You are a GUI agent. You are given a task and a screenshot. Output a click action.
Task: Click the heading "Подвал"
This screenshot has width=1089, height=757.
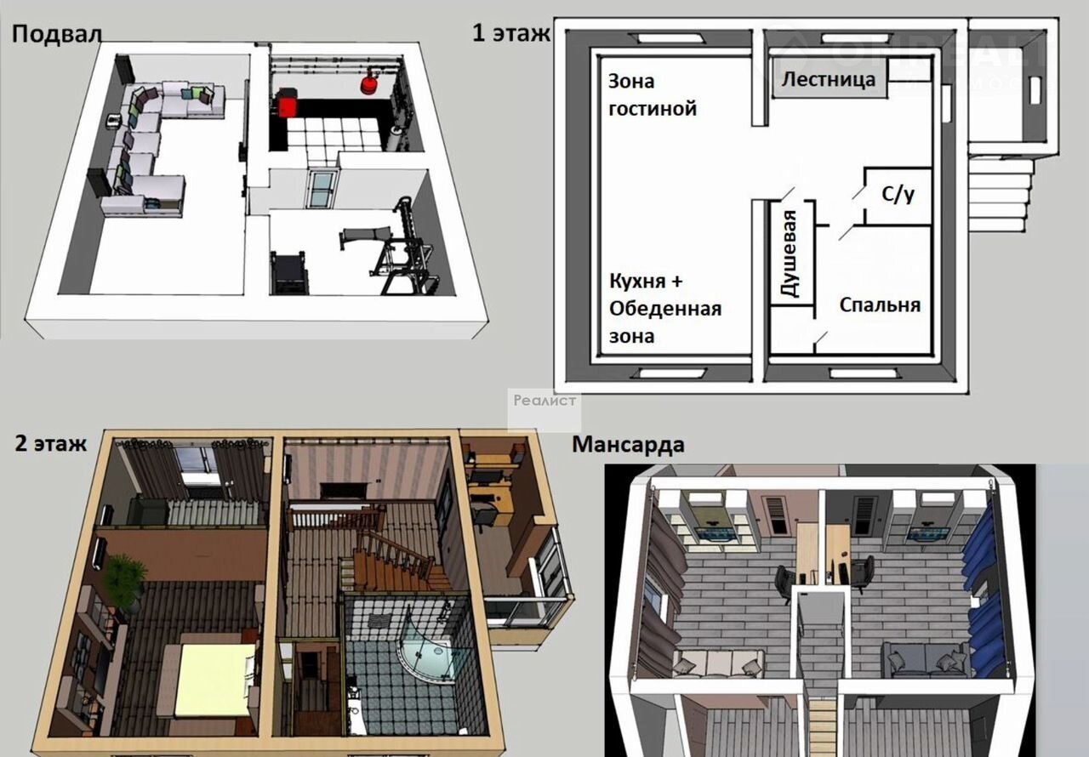click(x=56, y=35)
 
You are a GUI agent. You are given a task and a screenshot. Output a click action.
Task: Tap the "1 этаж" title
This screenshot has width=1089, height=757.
click(x=511, y=33)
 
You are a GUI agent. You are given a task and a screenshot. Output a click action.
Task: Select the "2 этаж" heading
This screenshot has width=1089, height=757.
click(x=50, y=443)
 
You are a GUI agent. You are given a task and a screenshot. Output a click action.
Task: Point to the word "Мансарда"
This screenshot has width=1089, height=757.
click(x=628, y=445)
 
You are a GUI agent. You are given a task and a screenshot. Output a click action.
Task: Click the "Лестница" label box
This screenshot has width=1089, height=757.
click(x=829, y=79)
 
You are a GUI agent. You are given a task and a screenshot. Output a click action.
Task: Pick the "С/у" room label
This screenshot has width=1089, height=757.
click(x=898, y=194)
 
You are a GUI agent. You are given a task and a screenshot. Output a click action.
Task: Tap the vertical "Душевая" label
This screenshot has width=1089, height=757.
click(x=790, y=253)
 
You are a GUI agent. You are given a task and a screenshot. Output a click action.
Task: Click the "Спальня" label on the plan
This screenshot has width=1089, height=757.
click(x=880, y=305)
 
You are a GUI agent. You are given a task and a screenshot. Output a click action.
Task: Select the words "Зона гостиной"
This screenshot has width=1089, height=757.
click(x=653, y=95)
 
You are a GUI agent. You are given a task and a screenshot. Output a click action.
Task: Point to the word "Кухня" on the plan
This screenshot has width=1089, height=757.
click(x=638, y=281)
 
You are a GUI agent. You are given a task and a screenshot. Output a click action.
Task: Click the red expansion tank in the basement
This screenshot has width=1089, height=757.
click(x=369, y=83)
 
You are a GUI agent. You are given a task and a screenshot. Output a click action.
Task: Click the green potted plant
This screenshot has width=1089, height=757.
click(x=125, y=581)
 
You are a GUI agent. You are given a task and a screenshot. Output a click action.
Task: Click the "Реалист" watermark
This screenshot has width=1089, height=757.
click(x=544, y=401)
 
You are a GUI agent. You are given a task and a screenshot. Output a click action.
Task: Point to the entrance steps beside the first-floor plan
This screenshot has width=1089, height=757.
click(x=999, y=192)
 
